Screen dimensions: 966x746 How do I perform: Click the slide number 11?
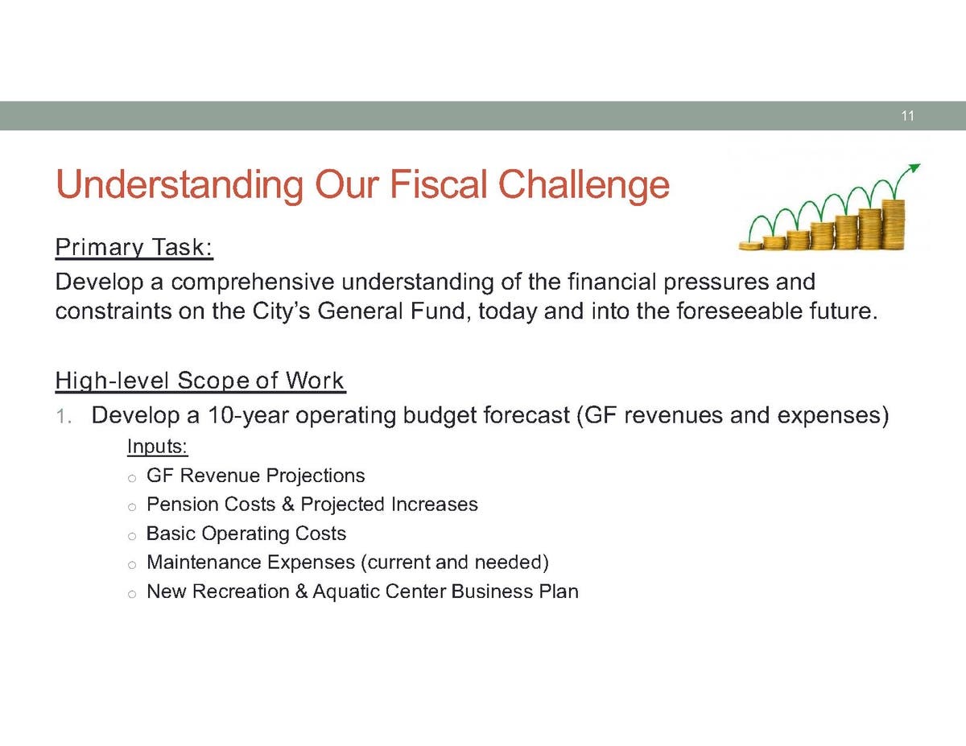(907, 116)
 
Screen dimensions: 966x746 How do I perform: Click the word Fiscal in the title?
(439, 184)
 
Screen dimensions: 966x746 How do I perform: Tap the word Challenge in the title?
(584, 186)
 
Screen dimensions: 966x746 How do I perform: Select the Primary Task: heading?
(134, 247)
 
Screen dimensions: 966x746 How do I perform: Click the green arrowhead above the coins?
(914, 168)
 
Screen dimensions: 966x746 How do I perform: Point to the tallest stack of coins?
(893, 225)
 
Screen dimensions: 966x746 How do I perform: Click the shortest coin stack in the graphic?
(751, 245)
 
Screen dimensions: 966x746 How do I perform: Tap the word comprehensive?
(253, 282)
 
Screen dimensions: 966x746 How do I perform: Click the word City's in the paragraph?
(282, 311)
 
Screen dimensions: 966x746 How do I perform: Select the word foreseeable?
(739, 311)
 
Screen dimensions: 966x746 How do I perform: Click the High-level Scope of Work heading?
(200, 381)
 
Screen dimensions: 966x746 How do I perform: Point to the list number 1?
(63, 417)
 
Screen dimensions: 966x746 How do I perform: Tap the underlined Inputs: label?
(157, 447)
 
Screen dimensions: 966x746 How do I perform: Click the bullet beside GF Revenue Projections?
(131, 479)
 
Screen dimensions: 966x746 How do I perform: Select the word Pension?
(184, 505)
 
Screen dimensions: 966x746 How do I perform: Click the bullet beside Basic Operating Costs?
(131, 536)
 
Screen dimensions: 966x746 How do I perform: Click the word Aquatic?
(346, 591)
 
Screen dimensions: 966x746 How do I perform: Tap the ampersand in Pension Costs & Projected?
(288, 505)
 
